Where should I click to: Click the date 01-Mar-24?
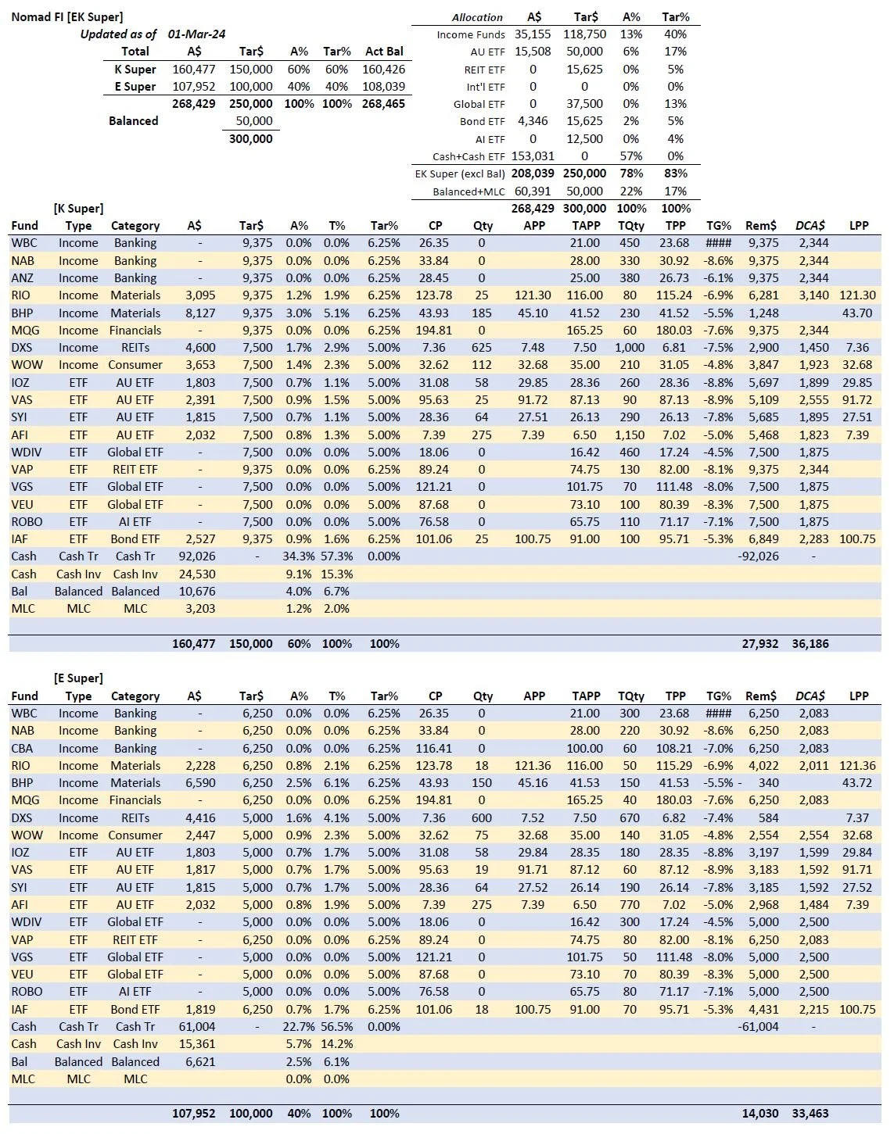tap(196, 34)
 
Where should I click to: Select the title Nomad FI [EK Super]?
tap(66, 16)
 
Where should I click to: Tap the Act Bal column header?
tap(384, 52)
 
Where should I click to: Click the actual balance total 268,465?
tap(383, 103)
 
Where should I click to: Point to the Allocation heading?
tap(477, 17)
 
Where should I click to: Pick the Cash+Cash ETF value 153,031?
tap(533, 156)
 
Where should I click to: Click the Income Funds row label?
tap(465, 34)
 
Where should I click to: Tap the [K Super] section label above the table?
tap(78, 209)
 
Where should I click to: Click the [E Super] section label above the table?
tap(78, 678)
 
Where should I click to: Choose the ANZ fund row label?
tap(23, 278)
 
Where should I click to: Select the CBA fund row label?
tap(23, 749)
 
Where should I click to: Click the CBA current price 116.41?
tap(435, 749)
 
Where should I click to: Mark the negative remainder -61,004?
tap(758, 1027)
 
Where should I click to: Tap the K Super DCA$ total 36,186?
tap(810, 644)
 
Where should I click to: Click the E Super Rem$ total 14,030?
tap(760, 1114)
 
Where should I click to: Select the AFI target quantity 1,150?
tap(630, 435)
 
